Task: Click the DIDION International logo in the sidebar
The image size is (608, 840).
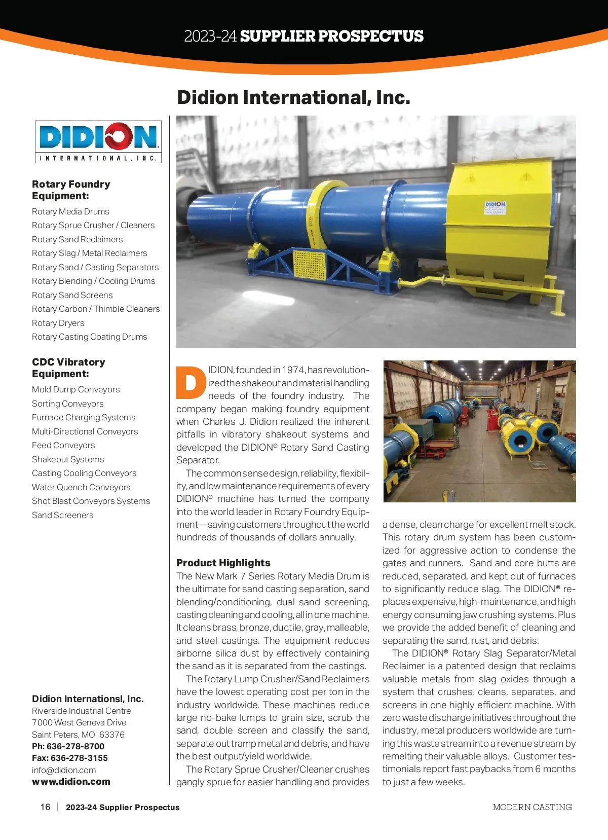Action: tap(98, 141)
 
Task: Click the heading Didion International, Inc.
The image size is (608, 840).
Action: tap(293, 97)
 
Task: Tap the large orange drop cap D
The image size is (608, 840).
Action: tap(191, 382)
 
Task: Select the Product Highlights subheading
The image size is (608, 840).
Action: tap(223, 563)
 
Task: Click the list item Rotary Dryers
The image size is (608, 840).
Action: tap(58, 323)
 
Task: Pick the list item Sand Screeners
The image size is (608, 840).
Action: tap(62, 515)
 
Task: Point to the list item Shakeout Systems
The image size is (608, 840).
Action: tap(68, 459)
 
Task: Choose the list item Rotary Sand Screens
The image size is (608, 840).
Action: tap(72, 295)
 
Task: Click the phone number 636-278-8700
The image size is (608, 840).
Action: tap(75, 746)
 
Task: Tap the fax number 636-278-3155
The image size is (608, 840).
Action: tap(79, 758)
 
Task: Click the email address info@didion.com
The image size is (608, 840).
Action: tap(64, 770)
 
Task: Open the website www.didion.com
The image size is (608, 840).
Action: tap(71, 782)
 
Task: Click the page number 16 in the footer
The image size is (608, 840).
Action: tap(46, 807)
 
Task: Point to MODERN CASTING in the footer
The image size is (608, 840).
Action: tap(532, 807)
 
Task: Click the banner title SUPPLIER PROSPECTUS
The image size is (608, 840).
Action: tap(331, 36)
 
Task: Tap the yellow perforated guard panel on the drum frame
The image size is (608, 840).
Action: tap(309, 265)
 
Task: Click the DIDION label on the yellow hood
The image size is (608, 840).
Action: tap(495, 205)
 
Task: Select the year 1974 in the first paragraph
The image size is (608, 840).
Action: tap(293, 370)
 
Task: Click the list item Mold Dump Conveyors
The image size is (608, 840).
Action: tap(75, 389)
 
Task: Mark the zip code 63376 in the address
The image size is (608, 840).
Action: tap(112, 735)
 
